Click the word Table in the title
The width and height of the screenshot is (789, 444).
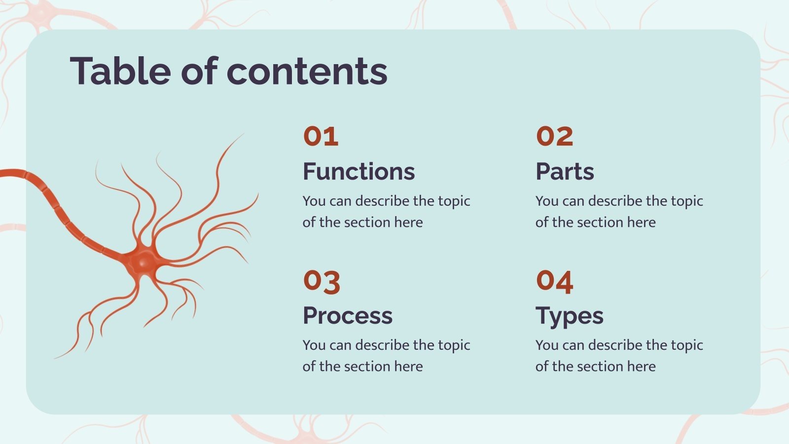(120, 71)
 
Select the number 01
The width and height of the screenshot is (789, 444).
(321, 136)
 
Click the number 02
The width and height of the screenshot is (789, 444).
(554, 136)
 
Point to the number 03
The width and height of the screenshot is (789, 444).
(322, 281)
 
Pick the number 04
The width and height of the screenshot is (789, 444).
(554, 281)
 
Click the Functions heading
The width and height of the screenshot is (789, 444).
(359, 172)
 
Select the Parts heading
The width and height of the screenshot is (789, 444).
(565, 172)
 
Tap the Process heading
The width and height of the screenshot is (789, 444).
(347, 316)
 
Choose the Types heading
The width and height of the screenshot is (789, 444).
(569, 316)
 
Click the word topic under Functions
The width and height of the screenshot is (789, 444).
(454, 201)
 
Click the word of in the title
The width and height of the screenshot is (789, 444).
(199, 71)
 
